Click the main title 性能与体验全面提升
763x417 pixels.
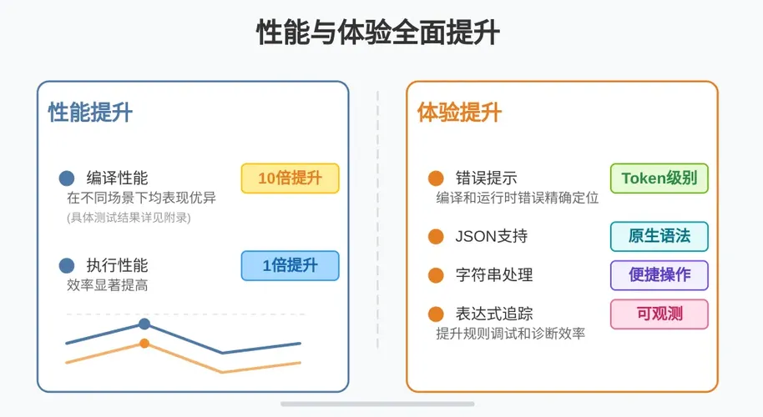378,33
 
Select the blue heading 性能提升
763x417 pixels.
90,113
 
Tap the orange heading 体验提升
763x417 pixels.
459,113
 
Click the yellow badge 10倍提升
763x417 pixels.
290,178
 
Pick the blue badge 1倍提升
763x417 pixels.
290,265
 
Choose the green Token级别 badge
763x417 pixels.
659,178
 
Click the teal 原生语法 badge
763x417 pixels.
659,236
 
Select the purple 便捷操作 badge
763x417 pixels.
659,275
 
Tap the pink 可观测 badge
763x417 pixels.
659,314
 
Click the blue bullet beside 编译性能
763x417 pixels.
67,178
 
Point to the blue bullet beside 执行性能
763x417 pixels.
67,266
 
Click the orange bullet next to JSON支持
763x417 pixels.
436,237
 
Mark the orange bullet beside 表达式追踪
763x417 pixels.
436,314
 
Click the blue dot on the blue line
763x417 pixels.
144,324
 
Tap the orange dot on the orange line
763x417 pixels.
144,344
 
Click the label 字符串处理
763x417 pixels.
494,275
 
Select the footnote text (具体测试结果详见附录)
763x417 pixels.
129,217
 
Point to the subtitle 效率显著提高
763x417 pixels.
108,284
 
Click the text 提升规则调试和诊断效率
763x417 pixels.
510,334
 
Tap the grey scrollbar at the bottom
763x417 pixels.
377,404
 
